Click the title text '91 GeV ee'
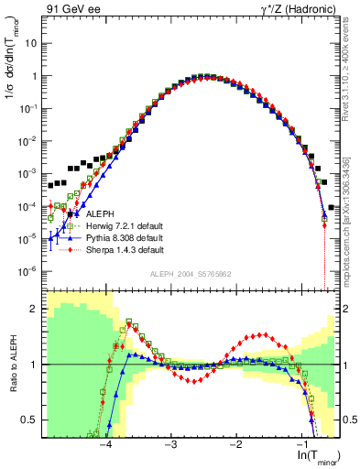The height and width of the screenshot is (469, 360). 71,10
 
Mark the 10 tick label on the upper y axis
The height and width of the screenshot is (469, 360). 32,43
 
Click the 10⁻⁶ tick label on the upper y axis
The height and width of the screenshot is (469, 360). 29,270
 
